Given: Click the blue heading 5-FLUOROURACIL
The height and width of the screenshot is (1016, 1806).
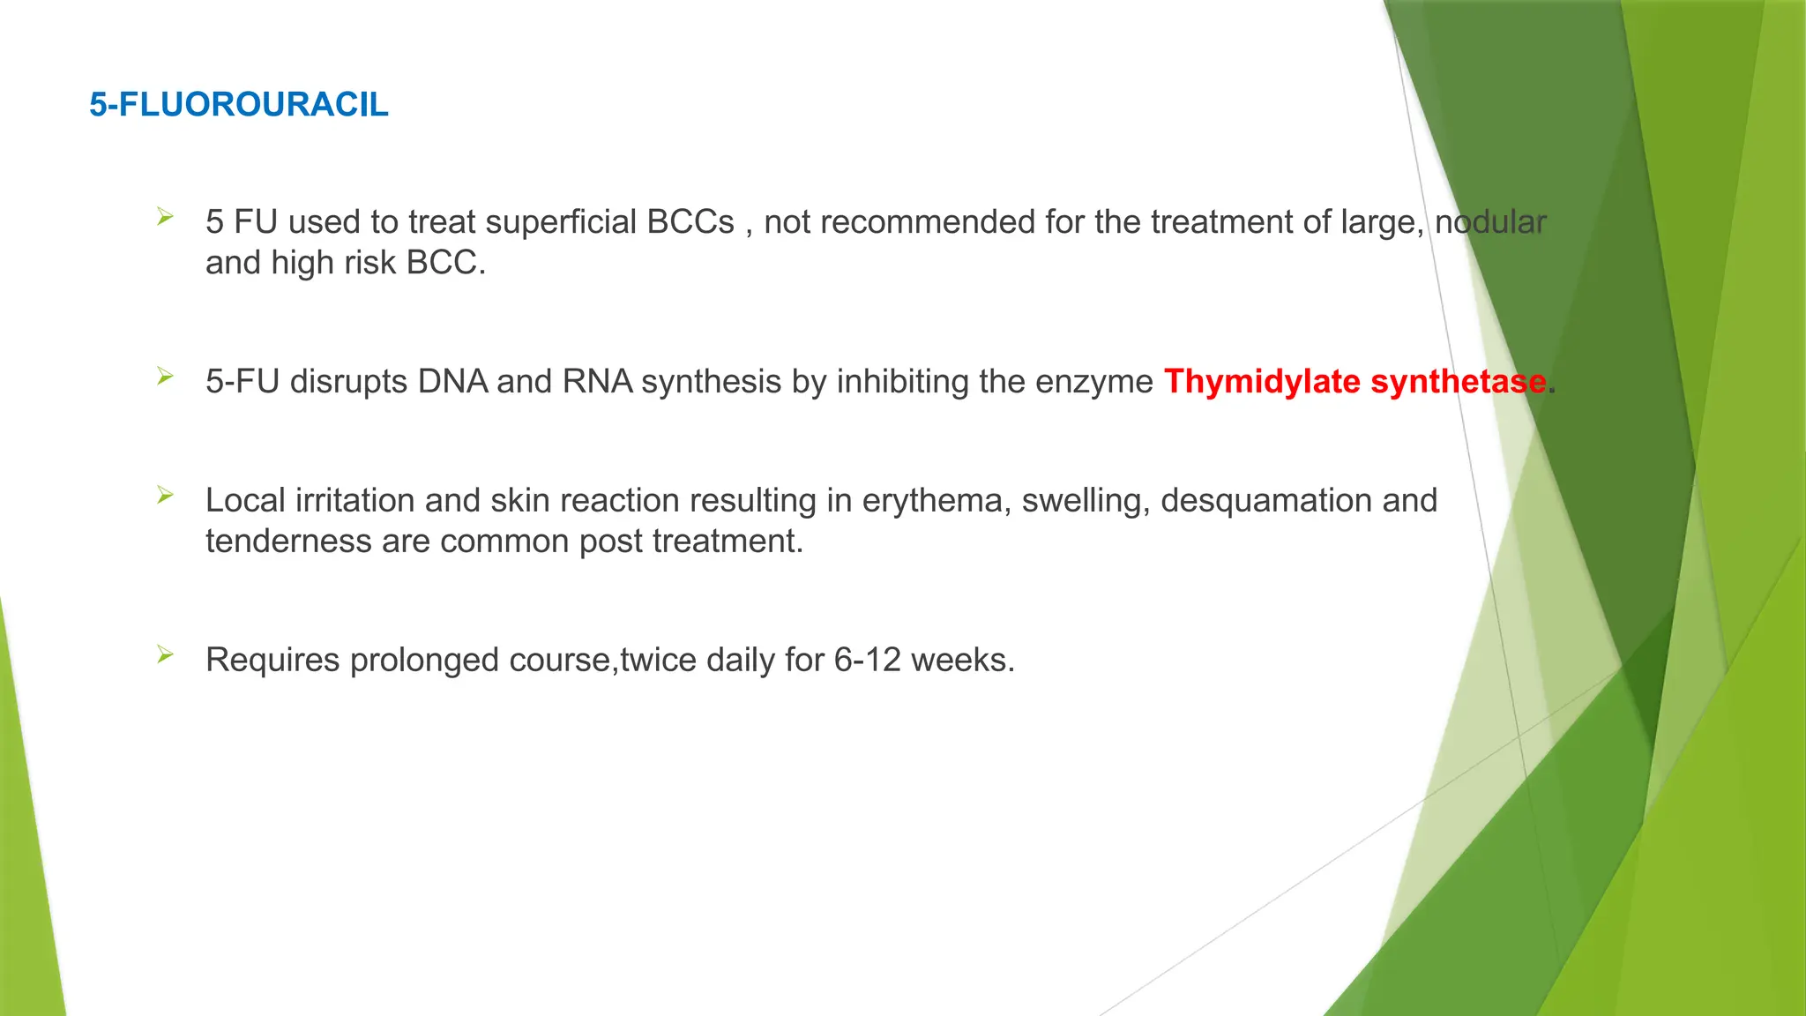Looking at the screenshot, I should pos(238,105).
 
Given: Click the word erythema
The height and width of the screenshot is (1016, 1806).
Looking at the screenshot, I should pos(936,501).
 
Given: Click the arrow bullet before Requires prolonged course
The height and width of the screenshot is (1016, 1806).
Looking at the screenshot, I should pos(165,654).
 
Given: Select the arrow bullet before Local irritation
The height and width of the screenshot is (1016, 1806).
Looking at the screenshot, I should pos(165,495).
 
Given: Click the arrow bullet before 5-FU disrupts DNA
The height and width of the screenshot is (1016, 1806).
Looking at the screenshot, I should pos(165,377).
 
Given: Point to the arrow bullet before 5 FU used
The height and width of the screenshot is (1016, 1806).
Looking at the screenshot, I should pos(165,216).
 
